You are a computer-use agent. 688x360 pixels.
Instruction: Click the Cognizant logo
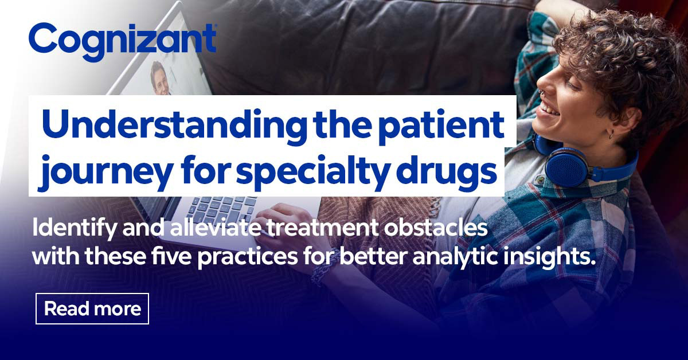pos(122,40)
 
